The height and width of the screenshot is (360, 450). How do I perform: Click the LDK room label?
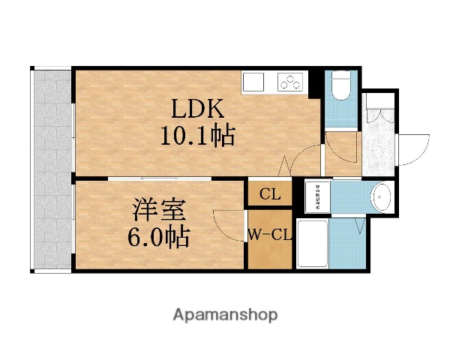coord(198,109)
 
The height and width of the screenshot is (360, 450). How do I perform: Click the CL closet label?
coord(270,195)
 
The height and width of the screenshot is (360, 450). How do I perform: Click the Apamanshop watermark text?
coord(224,315)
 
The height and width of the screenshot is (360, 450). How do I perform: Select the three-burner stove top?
coord(289,80)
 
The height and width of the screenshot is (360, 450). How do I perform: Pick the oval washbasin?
coord(382,198)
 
